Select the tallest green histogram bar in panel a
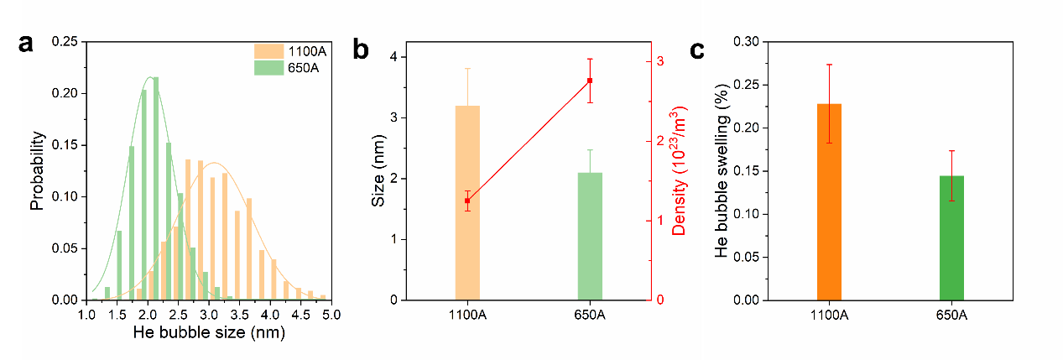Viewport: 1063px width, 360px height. point(155,189)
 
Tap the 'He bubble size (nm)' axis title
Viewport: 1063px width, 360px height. point(209,332)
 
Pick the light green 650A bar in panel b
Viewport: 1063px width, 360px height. point(590,237)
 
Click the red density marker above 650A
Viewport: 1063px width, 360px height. point(590,81)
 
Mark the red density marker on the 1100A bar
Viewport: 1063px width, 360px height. point(467,201)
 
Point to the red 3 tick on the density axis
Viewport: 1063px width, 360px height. point(660,62)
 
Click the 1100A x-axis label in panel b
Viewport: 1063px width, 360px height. point(467,316)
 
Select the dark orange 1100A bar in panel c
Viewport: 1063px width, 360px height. point(829,201)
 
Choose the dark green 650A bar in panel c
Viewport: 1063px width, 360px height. point(951,237)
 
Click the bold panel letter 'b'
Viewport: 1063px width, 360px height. point(361,50)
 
